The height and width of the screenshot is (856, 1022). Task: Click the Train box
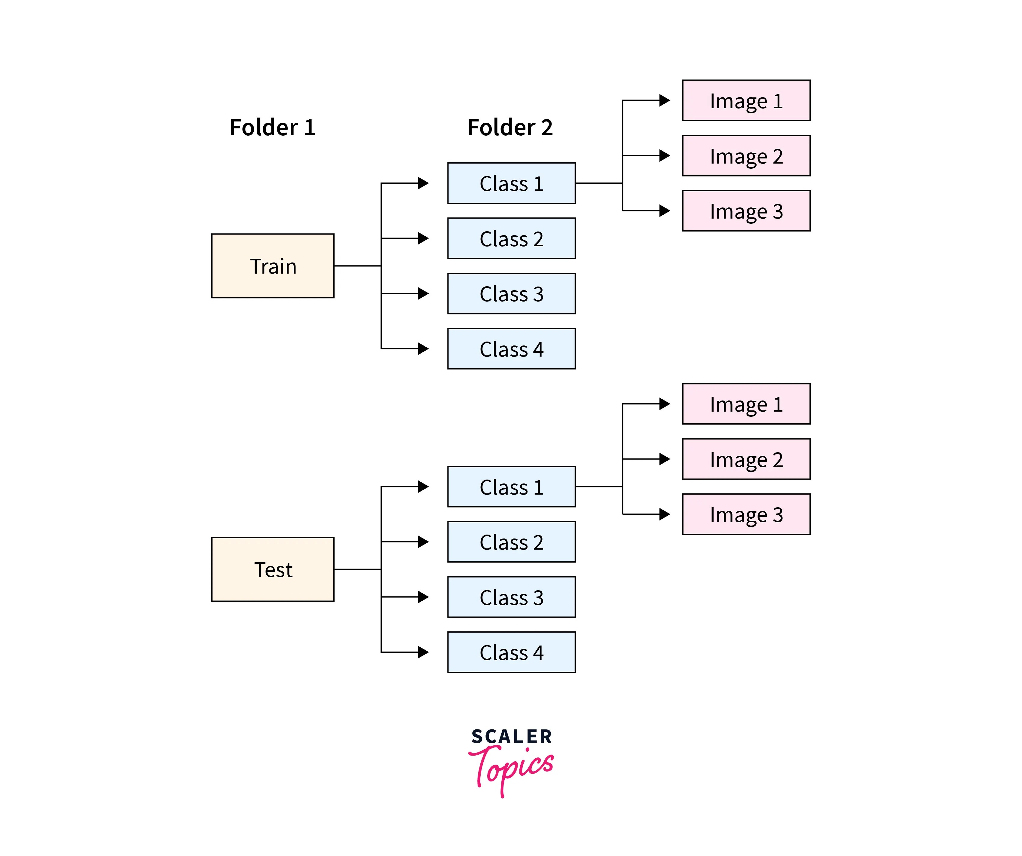click(x=273, y=266)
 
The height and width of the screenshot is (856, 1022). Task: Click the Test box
click(x=273, y=569)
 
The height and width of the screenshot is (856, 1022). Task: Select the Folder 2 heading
click(x=510, y=127)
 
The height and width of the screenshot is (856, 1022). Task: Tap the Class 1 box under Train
click(x=511, y=183)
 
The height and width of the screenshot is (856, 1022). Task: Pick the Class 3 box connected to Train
click(x=511, y=294)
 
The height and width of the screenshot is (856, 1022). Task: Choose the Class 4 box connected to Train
click(x=511, y=349)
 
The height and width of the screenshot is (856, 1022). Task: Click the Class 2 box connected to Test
click(x=511, y=542)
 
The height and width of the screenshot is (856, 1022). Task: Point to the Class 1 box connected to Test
click(x=511, y=486)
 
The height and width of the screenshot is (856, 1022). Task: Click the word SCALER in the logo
click(x=511, y=737)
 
